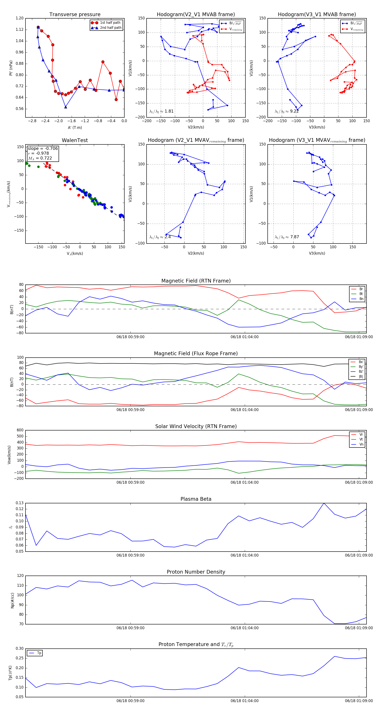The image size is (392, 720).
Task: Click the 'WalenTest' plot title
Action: [x=75, y=140]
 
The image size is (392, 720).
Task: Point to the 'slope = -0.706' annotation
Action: [x=43, y=148]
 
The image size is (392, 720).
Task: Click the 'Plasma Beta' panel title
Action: [x=196, y=499]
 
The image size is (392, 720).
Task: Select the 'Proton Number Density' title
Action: [x=196, y=572]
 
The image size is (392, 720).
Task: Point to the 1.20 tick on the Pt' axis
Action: [x=20, y=18]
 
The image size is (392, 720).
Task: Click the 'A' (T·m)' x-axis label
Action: [x=75, y=127]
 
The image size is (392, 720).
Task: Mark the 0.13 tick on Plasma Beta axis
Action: [x=20, y=503]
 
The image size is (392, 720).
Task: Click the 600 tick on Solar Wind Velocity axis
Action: [x=20, y=430]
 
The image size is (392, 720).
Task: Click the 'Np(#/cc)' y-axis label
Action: [x=12, y=600]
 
